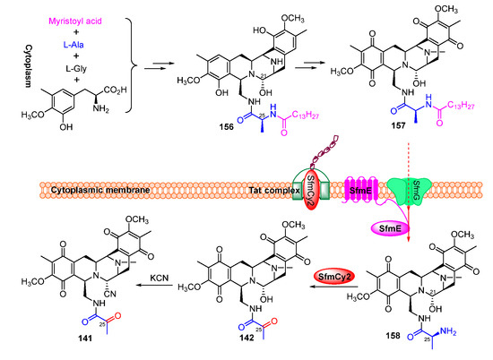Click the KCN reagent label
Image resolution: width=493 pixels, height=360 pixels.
pos(151,264)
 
